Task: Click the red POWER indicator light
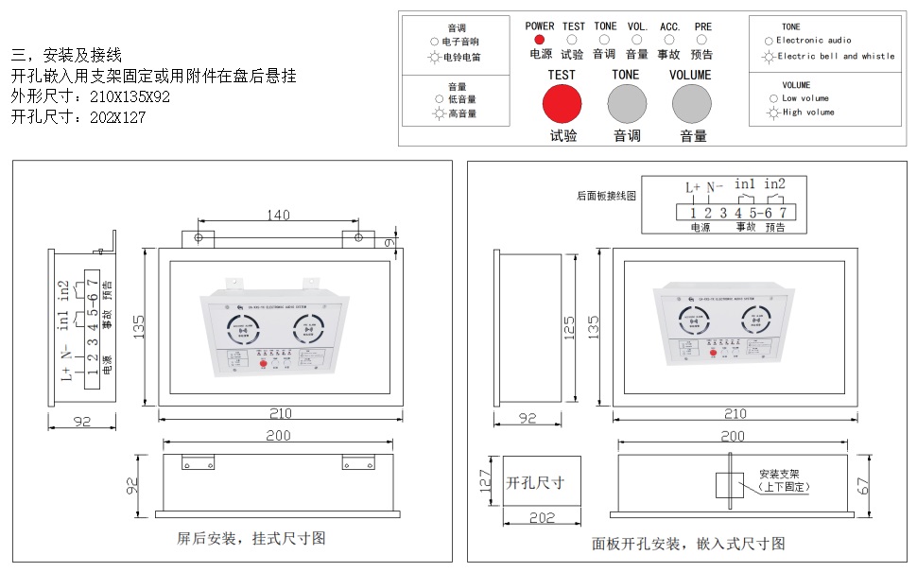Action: pyautogui.click(x=539, y=40)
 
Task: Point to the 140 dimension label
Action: pyautogui.click(x=278, y=216)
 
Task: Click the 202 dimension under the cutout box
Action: pyautogui.click(x=541, y=518)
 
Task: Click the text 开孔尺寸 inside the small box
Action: pyautogui.click(x=536, y=482)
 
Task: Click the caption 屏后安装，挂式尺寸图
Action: pyautogui.click(x=251, y=538)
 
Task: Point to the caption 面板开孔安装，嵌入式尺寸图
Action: pyautogui.click(x=688, y=544)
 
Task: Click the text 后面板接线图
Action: pyautogui.click(x=607, y=197)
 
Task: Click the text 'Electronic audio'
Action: pyautogui.click(x=814, y=41)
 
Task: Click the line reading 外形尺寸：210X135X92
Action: pyautogui.click(x=91, y=97)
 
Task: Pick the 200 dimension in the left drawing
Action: pyautogui.click(x=278, y=436)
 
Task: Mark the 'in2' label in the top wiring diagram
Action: pyautogui.click(x=774, y=183)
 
